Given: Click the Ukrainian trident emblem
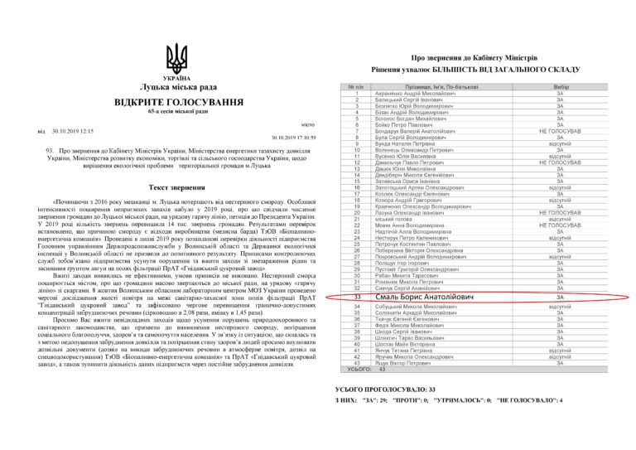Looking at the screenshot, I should pyautogui.click(x=176, y=60).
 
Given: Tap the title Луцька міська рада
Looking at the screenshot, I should pyautogui.click(x=176, y=86).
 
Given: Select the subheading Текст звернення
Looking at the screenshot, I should pyautogui.click(x=176, y=187).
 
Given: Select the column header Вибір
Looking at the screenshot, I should pyautogui.click(x=560, y=87).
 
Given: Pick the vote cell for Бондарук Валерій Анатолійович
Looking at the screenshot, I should pyautogui.click(x=560, y=131).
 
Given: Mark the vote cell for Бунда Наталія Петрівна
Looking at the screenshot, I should pyautogui.click(x=560, y=143).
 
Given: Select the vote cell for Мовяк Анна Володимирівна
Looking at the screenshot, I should pyautogui.click(x=560, y=225).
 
